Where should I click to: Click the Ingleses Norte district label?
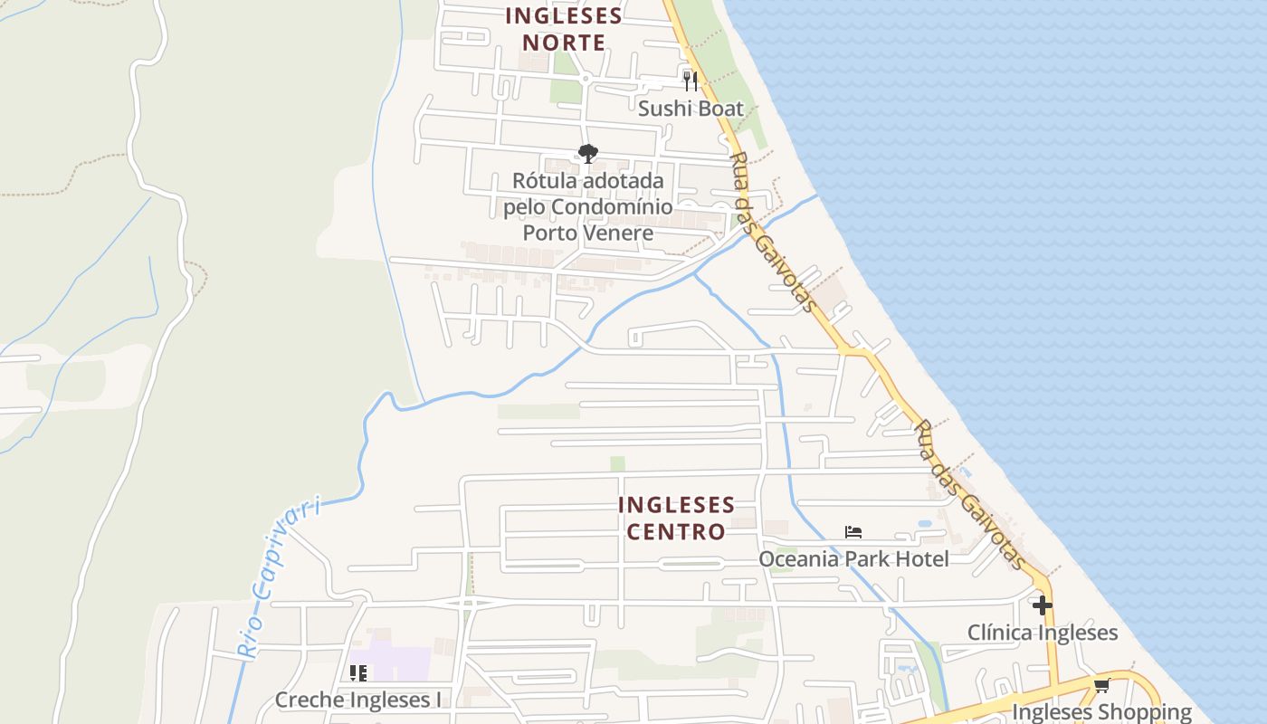(564, 29)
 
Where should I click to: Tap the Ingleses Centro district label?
(676, 518)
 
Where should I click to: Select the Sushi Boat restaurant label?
(691, 109)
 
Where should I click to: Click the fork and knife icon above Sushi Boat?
(691, 81)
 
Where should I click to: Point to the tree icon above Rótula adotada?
(588, 154)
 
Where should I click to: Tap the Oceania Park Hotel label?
(853, 559)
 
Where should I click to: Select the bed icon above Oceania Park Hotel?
(853, 532)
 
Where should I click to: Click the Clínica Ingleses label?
(1043, 633)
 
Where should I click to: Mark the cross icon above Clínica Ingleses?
(1043, 605)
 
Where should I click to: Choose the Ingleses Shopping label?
(1101, 712)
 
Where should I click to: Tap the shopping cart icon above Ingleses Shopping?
(1101, 685)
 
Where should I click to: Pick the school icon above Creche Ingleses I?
(358, 673)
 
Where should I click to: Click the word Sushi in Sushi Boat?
(663, 109)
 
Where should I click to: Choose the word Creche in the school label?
(308, 700)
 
